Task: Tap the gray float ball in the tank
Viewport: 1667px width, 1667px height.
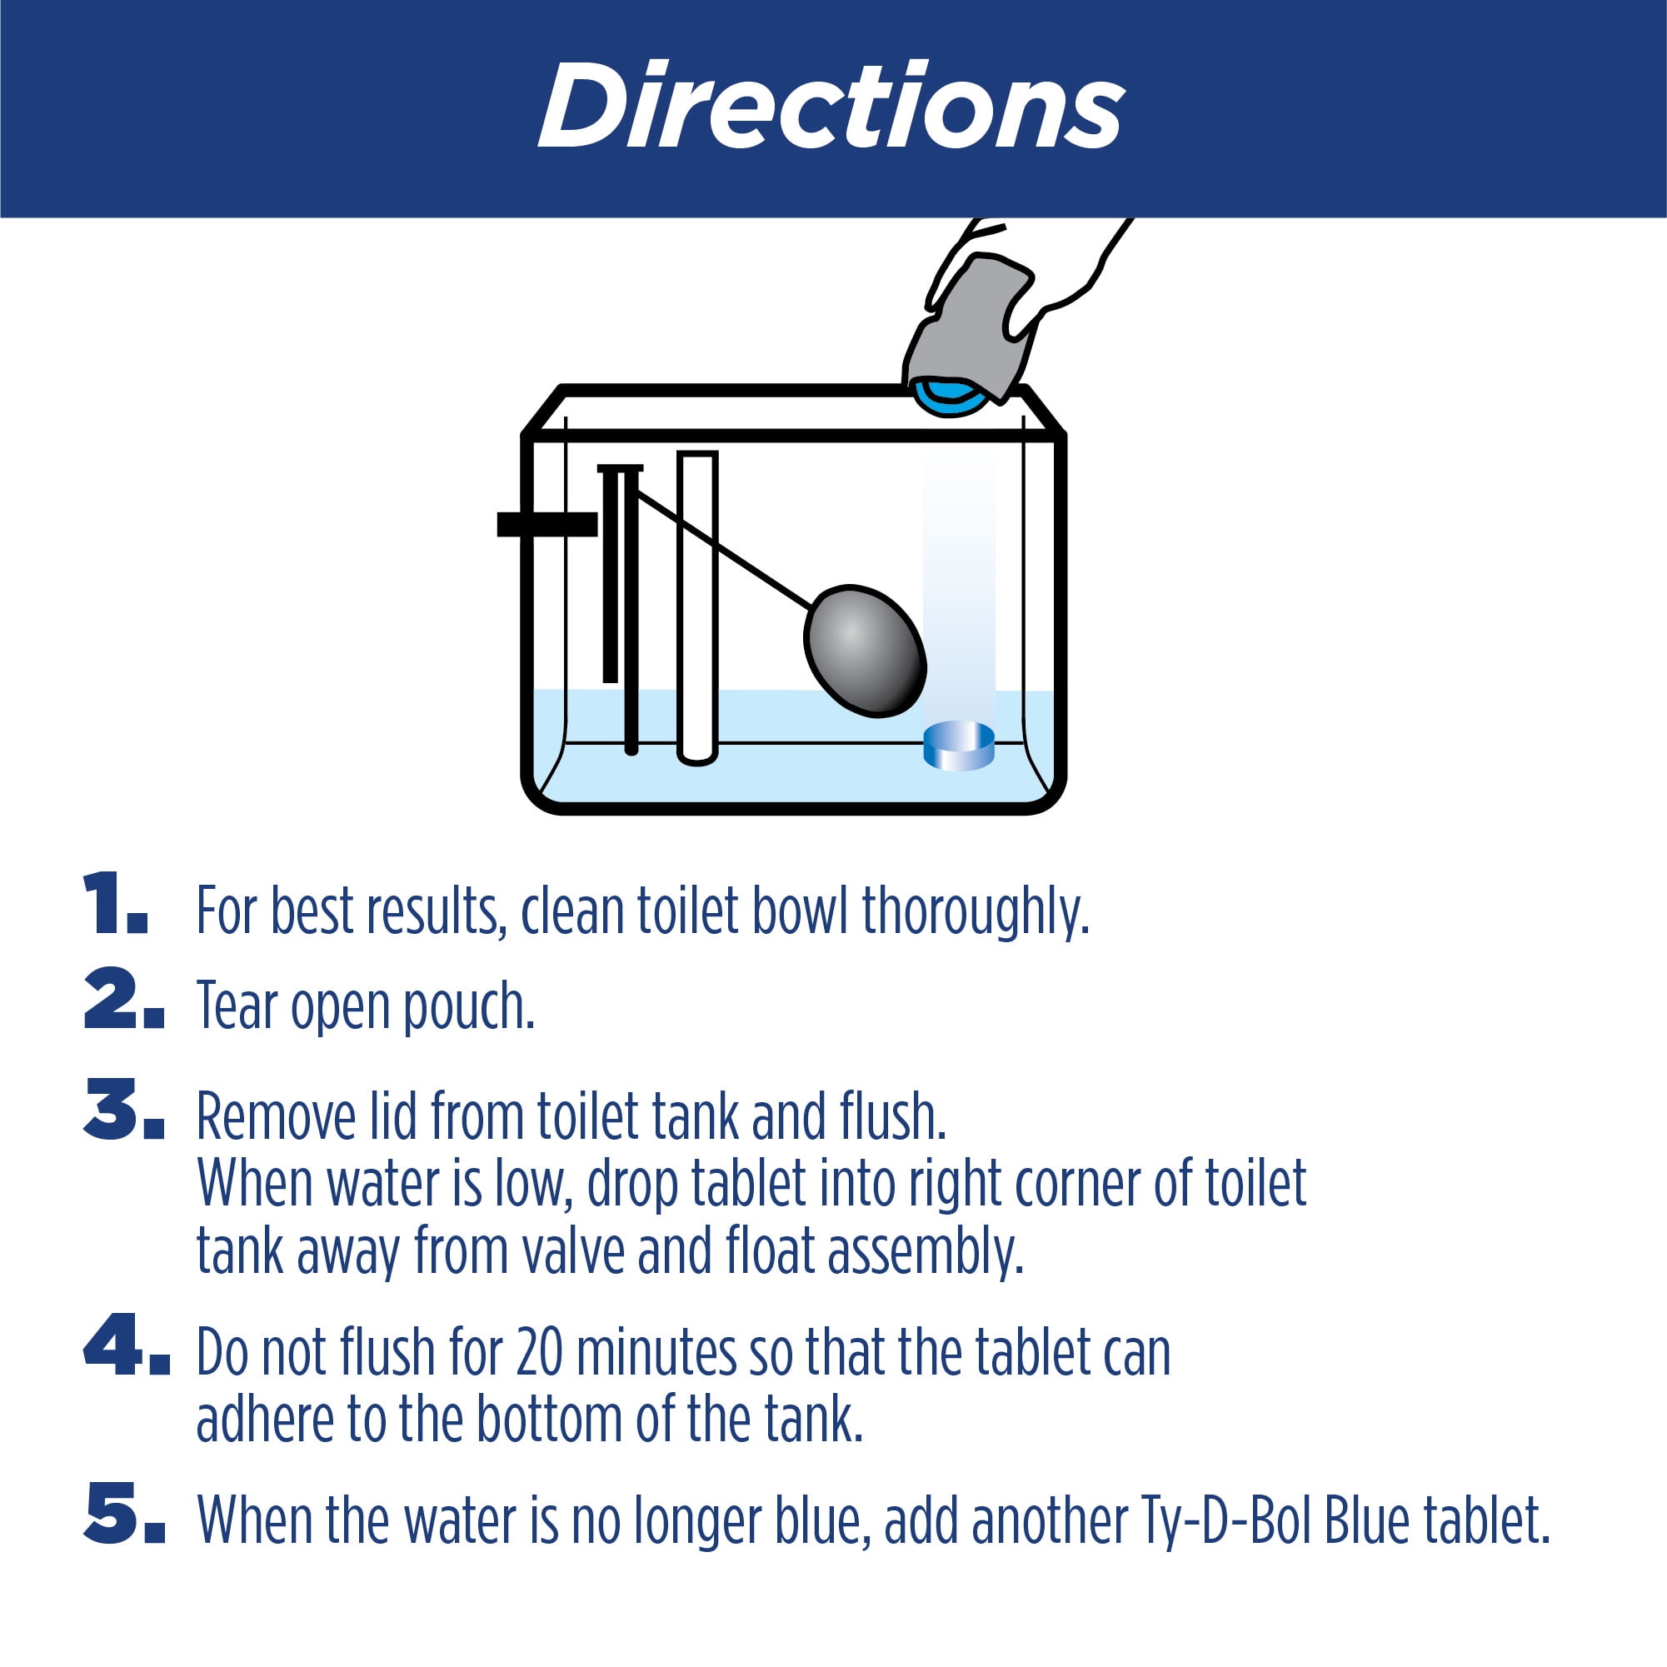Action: tap(865, 651)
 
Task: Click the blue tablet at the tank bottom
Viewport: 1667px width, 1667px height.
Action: tap(959, 746)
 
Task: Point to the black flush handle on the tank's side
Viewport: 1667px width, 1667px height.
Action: tap(547, 524)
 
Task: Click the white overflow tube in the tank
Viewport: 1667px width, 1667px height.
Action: tap(697, 608)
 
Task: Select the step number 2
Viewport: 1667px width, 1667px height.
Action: tap(123, 998)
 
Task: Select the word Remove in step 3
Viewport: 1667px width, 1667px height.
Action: tap(276, 1116)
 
